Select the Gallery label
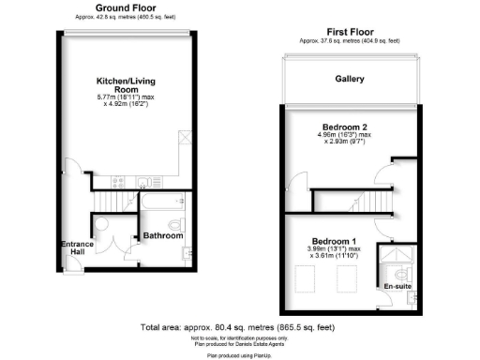[x=351, y=79]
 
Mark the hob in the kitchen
[x=118, y=182]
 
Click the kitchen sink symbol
[x=143, y=182]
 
